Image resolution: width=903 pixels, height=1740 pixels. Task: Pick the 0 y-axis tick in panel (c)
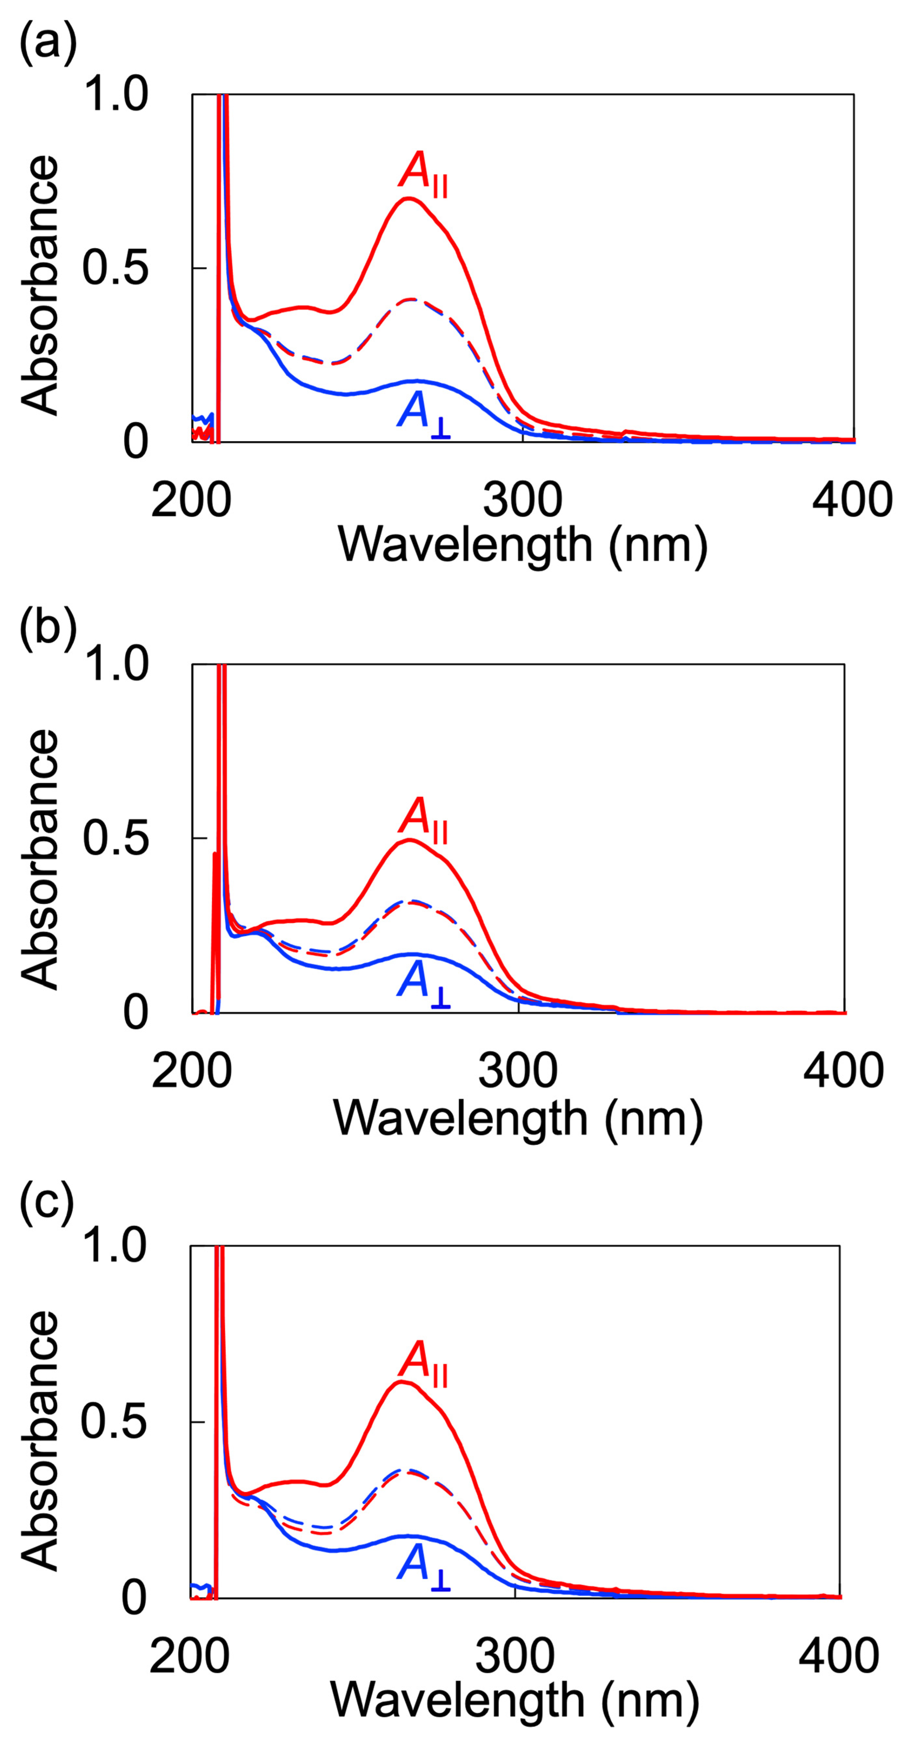[x=134, y=1598]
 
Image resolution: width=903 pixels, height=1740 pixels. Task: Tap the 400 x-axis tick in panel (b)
[x=843, y=1071]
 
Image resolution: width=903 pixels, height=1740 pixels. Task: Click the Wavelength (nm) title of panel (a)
[x=522, y=544]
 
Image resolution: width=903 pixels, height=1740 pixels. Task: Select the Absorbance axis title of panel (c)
[x=39, y=1439]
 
